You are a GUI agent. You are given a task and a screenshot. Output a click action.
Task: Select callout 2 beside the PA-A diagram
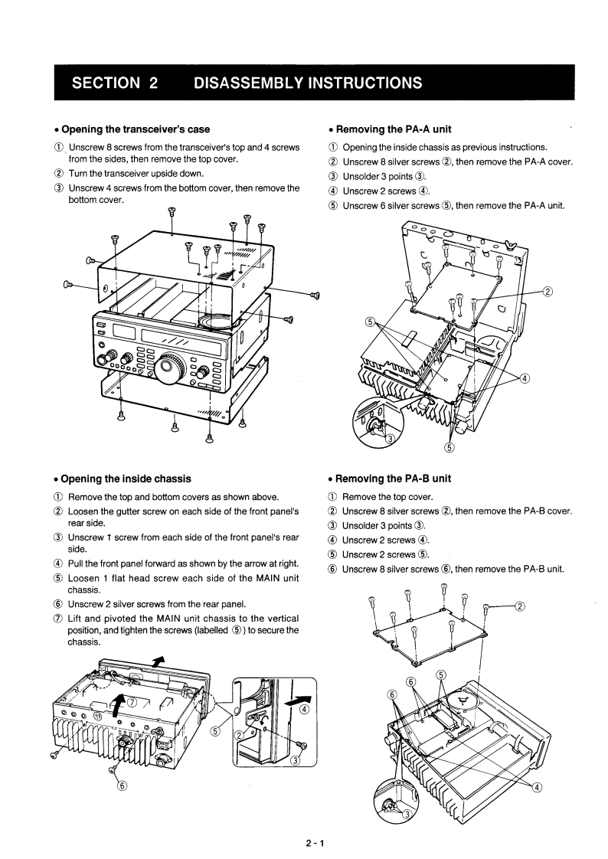(548, 291)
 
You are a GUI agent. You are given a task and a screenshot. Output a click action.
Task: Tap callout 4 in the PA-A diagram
(525, 378)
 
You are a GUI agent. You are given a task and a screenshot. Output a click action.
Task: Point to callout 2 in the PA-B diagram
(520, 607)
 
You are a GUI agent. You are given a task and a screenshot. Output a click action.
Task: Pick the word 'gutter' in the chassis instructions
(132, 511)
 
